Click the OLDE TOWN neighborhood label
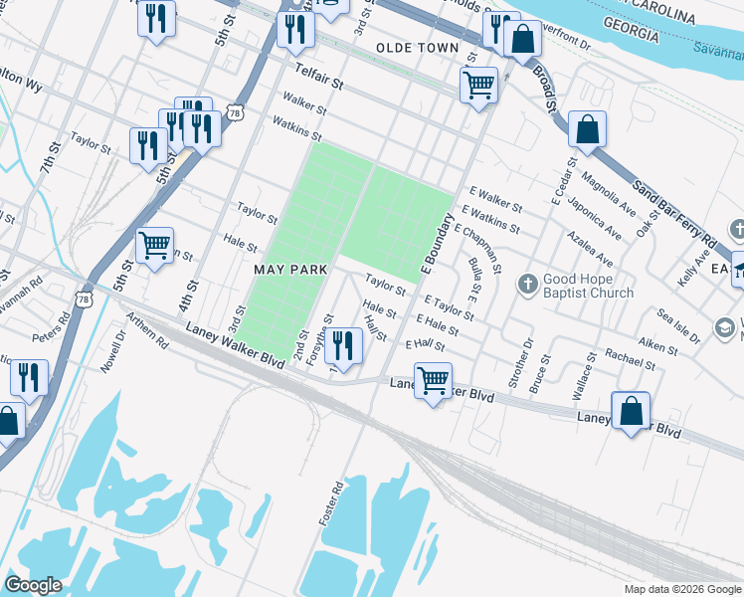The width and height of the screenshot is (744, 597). [418, 48]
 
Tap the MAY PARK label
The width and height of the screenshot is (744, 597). [290, 271]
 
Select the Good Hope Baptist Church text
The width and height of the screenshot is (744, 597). [588, 287]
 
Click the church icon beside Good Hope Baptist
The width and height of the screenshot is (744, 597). [528, 286]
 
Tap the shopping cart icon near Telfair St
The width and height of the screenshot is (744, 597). [479, 85]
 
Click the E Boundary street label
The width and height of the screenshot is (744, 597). [437, 243]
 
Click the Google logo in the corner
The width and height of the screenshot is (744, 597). [33, 585]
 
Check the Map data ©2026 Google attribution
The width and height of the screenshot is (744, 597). [681, 589]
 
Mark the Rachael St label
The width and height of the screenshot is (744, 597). [629, 360]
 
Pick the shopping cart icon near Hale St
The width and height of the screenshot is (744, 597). [154, 245]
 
